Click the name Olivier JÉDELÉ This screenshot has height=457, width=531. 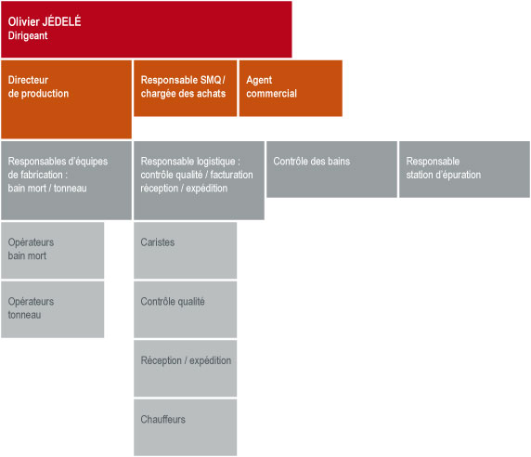coord(45,21)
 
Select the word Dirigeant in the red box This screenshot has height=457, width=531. coord(28,35)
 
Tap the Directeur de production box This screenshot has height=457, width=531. coord(67,99)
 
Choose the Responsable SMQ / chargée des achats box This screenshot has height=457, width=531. coord(186,88)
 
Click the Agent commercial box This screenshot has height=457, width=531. coord(291,88)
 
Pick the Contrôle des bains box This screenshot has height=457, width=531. coord(332,169)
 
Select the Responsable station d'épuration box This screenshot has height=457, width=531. coord(464,169)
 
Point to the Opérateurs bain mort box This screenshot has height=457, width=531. coord(53,251)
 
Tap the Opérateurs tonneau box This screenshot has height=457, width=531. coord(53,309)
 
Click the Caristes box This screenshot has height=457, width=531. coord(186,251)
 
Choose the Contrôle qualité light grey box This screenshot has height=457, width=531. coord(186,309)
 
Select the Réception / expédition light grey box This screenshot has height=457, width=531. coord(186,369)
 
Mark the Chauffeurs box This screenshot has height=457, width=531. coord(186,427)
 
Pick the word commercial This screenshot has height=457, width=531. coord(272,94)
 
